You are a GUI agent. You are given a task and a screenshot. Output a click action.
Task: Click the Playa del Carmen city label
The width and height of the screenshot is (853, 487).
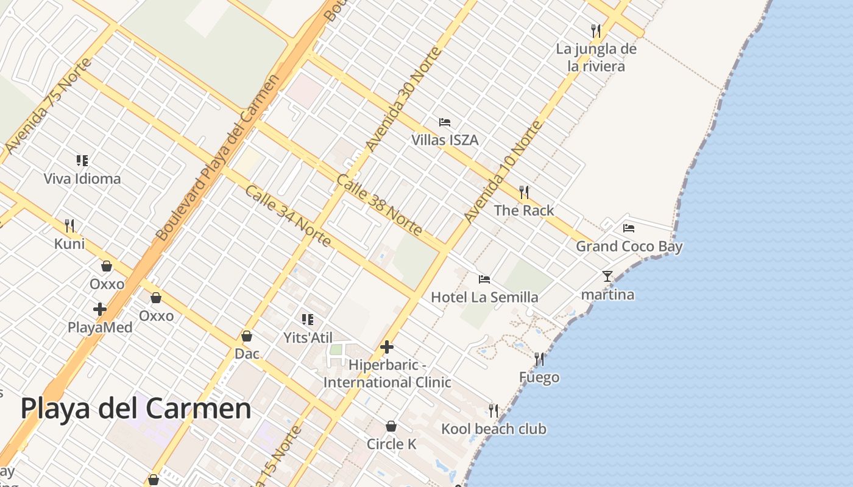point(136,408)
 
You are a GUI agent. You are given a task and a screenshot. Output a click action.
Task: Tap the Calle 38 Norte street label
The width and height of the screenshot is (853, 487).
point(379,205)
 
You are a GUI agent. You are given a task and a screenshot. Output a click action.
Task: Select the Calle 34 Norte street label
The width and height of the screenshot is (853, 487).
point(288,216)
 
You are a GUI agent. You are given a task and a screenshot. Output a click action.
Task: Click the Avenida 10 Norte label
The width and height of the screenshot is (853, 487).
point(503,172)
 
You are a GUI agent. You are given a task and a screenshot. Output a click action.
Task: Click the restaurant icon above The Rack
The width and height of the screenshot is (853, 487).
point(524,192)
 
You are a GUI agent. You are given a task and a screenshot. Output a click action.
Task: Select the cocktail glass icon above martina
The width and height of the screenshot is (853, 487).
point(607,276)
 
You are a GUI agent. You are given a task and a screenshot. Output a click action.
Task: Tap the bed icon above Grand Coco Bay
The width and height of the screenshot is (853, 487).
point(629,228)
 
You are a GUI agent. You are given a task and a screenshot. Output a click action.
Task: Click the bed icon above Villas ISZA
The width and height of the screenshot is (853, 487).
point(445,122)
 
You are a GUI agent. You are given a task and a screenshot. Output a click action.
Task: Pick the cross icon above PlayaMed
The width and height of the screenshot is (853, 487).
point(99,309)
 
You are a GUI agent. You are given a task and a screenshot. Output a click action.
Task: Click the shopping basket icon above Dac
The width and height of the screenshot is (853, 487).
point(247,336)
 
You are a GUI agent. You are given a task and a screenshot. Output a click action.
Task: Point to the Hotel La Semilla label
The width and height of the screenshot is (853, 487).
point(484,297)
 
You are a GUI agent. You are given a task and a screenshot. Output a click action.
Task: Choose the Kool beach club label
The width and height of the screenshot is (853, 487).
point(494,429)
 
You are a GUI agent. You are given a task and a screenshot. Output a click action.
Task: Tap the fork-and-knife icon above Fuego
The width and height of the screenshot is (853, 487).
point(539,359)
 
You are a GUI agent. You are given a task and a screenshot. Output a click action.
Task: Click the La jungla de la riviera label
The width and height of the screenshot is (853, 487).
point(596,57)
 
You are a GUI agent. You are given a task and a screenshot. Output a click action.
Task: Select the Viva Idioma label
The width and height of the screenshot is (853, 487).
point(82,179)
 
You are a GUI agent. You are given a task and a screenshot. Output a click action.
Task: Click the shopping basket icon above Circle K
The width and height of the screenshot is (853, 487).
point(391,426)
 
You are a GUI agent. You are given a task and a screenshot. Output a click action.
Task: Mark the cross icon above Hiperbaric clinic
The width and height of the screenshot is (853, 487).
point(386,347)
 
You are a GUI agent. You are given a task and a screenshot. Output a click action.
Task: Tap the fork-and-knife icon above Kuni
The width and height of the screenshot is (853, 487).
point(69,226)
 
